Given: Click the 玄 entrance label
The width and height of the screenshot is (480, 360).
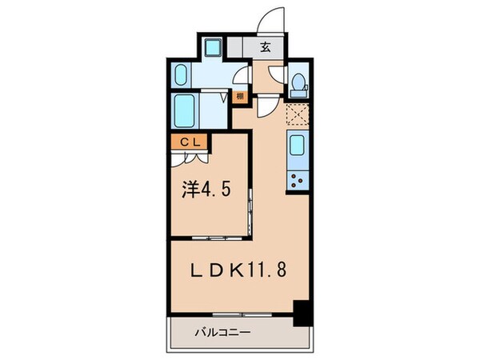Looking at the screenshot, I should [265, 46].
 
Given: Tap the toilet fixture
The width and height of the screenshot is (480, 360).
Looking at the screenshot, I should [298, 82].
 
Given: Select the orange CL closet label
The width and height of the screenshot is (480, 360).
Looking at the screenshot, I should [190, 142].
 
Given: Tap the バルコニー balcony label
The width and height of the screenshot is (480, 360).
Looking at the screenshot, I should [222, 331].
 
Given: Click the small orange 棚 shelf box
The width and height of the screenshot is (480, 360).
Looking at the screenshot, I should [239, 98].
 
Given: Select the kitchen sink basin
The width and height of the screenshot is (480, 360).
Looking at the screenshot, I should [298, 146].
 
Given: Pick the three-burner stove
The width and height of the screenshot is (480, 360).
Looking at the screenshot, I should [298, 179].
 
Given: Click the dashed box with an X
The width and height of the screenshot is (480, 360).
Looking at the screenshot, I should [298, 114].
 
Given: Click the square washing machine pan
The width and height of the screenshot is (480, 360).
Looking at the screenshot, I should [213, 46].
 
